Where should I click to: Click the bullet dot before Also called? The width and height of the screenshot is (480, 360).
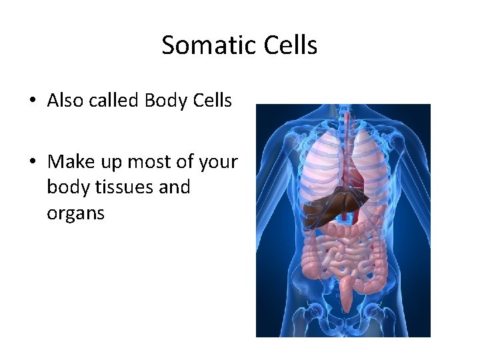(x=33, y=102)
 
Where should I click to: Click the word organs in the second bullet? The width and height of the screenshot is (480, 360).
(x=76, y=214)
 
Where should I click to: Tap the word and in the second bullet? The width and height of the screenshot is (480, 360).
(x=175, y=187)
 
